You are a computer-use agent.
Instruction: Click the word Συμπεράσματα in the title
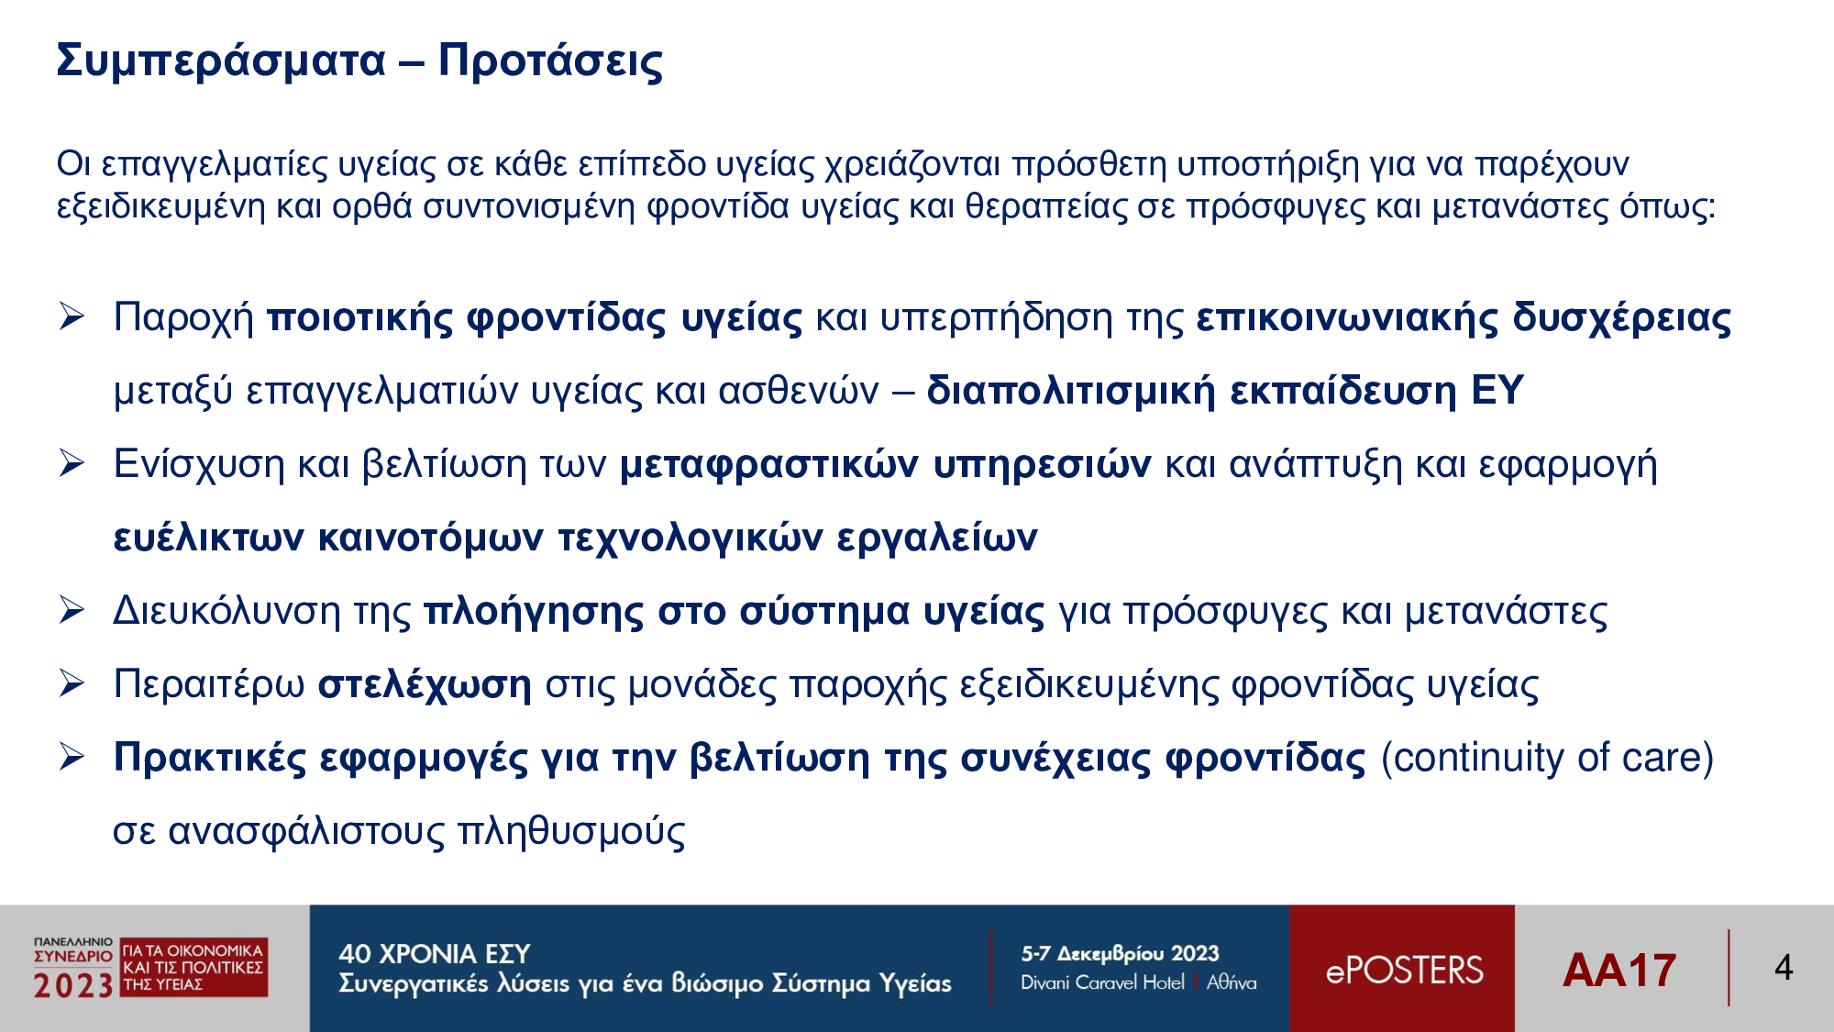click(x=221, y=61)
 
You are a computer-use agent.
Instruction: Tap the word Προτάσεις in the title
click(x=550, y=61)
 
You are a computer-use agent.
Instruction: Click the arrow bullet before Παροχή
click(x=72, y=316)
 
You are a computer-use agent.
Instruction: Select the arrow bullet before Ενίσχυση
click(x=72, y=463)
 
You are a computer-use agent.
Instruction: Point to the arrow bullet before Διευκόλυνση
click(x=72, y=610)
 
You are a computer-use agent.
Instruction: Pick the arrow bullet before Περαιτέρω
click(x=72, y=683)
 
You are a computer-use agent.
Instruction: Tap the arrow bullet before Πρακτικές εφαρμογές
click(x=72, y=757)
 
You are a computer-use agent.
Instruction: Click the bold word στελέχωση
click(x=425, y=685)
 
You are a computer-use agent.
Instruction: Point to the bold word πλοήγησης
click(x=534, y=612)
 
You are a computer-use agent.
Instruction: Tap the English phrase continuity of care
click(x=1547, y=758)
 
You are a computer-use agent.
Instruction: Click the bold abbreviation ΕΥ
click(x=1497, y=390)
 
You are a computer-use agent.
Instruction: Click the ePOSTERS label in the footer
click(x=1404, y=971)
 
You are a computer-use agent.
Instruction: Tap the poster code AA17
click(x=1619, y=971)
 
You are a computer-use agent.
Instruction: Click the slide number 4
click(x=1784, y=968)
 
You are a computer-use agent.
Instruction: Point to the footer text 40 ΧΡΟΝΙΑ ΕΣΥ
click(x=435, y=954)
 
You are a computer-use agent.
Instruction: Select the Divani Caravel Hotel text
click(x=1102, y=982)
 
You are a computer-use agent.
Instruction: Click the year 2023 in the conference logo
click(x=73, y=985)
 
